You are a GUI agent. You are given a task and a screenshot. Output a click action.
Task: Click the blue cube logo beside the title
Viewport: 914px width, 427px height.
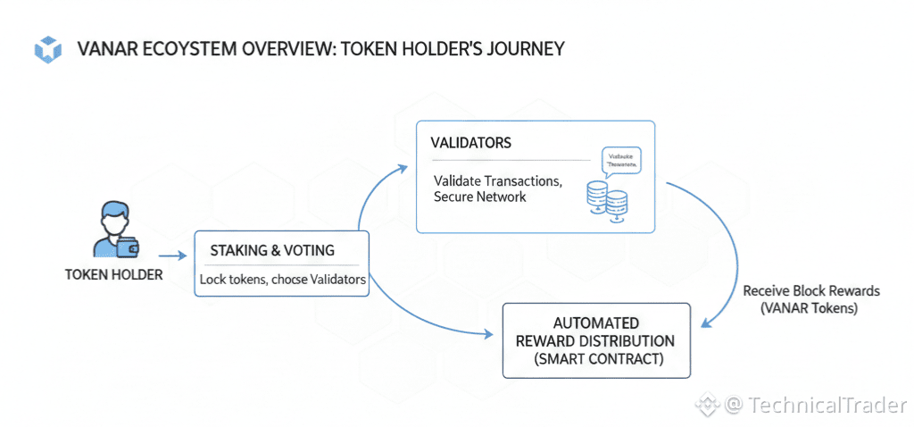[46, 49]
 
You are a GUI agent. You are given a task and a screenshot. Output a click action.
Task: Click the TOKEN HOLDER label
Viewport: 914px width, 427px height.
[113, 274]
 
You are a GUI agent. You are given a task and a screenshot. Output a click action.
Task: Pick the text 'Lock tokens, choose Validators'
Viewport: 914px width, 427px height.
[283, 280]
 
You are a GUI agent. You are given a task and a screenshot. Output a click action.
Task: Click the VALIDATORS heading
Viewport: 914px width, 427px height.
[470, 143]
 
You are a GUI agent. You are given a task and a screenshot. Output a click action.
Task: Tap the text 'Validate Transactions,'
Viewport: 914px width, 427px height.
[497, 180]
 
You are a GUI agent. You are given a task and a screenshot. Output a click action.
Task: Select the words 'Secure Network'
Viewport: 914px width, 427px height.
[479, 197]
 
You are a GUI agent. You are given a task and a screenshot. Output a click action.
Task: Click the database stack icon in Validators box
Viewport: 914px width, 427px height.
[606, 197]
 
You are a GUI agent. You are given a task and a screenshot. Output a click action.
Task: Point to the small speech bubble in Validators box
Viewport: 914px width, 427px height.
[621, 160]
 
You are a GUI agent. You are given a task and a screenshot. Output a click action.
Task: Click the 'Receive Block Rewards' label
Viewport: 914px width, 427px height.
[810, 291]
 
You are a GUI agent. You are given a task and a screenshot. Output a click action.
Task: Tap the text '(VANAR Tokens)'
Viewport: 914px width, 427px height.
[810, 307]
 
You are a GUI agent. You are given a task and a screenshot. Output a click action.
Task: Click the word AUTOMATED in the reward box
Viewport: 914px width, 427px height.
[595, 323]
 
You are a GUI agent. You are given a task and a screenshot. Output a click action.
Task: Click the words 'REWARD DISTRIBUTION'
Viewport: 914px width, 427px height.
[595, 341]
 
